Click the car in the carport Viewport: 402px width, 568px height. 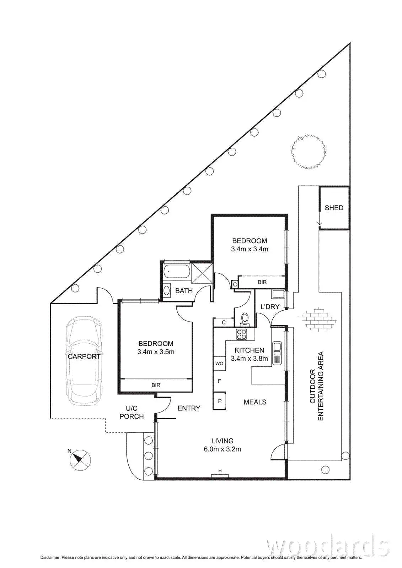84,360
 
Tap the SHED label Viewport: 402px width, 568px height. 334,208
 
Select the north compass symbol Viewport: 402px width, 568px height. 81,459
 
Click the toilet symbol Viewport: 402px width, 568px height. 245,319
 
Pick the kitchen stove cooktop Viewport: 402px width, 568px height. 242,334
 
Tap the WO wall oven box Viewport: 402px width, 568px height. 219,363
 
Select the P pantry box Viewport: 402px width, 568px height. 219,401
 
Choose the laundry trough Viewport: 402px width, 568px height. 277,294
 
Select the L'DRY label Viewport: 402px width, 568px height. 270,307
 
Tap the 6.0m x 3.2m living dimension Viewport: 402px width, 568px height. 222,449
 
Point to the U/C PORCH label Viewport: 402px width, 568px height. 132,412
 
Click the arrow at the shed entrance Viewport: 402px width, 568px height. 320,223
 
